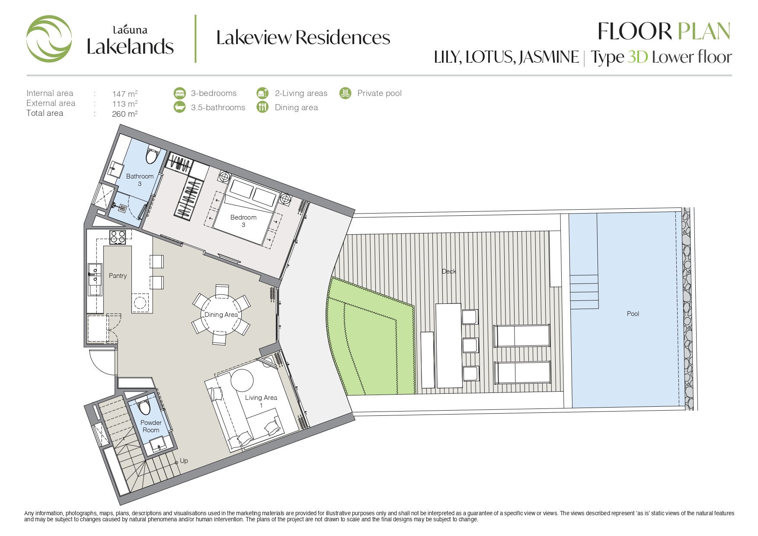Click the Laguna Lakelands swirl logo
pos(49,39)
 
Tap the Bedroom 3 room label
pos(243,221)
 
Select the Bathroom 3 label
pos(140,180)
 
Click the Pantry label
pos(118,276)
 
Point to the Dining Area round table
pos(221,315)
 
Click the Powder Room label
pos(151,426)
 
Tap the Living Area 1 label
pos(261,401)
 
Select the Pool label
pos(633,314)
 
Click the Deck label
pos(449,271)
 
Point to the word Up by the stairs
pos(184,461)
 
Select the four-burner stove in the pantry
pos(118,237)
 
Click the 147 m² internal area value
pos(125,93)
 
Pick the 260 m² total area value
pos(125,114)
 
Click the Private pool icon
pos(345,93)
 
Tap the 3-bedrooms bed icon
pos(179,93)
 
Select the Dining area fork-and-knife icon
pos(262,107)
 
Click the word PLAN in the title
pos(704,32)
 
